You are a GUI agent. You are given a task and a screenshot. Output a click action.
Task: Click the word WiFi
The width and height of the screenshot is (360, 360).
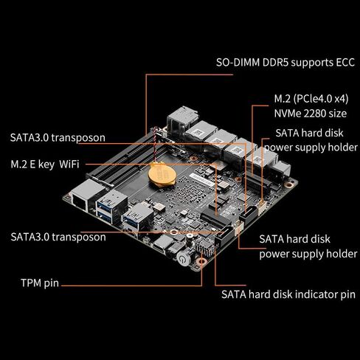pos(69,163)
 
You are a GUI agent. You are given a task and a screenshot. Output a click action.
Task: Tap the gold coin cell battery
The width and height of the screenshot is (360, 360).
pos(159,173)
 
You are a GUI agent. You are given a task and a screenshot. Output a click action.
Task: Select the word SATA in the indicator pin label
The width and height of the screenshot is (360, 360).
pos(235,294)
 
